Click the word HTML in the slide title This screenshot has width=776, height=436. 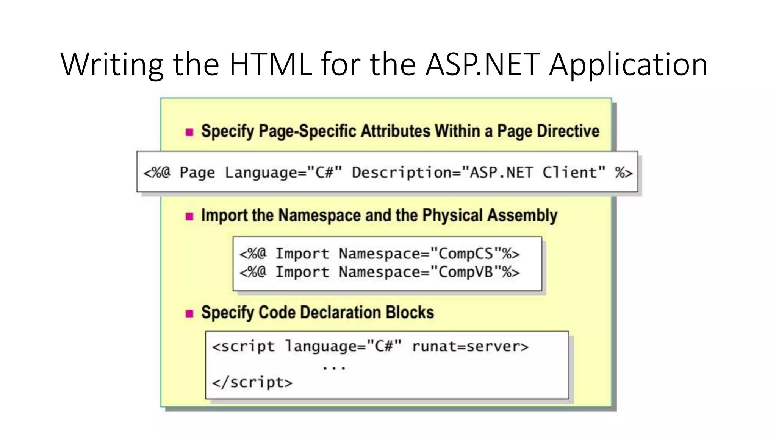[x=271, y=64]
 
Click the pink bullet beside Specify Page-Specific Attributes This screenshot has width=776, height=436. [x=189, y=132]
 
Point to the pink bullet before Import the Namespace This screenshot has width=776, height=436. [x=189, y=216]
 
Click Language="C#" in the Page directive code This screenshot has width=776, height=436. [x=283, y=173]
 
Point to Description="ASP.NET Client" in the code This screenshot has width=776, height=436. [x=479, y=173]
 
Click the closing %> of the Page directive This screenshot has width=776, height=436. [x=624, y=173]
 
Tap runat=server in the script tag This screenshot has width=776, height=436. [x=470, y=346]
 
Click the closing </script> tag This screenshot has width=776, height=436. [x=252, y=383]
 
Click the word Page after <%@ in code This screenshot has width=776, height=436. [x=197, y=173]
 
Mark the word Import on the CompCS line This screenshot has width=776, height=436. [x=302, y=254]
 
